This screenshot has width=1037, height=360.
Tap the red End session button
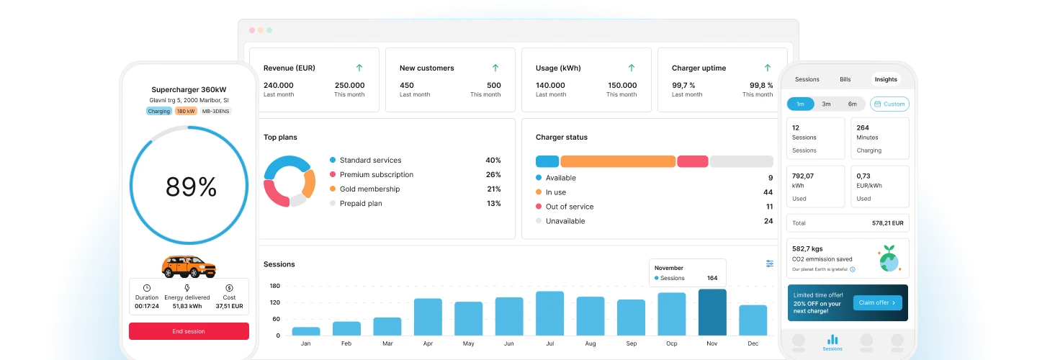pyautogui.click(x=189, y=331)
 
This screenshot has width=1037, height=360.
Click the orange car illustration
pyautogui.click(x=189, y=266)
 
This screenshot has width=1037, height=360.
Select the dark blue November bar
pyautogui.click(x=712, y=312)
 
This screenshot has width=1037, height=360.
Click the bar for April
pyautogui.click(x=428, y=317)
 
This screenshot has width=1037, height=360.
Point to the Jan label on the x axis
pyautogui.click(x=305, y=343)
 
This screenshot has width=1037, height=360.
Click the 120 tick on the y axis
pyautogui.click(x=275, y=302)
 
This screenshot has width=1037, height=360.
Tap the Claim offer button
pyautogui.click(x=877, y=302)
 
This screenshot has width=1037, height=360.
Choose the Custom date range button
pyautogui.click(x=889, y=104)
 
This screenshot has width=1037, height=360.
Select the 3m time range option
pyautogui.click(x=826, y=104)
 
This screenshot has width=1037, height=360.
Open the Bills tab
pyautogui.click(x=845, y=79)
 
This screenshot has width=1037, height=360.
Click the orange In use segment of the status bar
pyautogui.click(x=618, y=161)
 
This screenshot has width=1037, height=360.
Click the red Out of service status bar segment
pyautogui.click(x=693, y=161)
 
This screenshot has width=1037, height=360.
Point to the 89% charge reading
pyautogui.click(x=192, y=187)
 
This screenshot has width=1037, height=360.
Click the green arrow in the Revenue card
pyautogui.click(x=359, y=68)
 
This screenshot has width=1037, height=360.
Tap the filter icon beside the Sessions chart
pyautogui.click(x=769, y=264)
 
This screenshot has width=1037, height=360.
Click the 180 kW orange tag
pyautogui.click(x=186, y=111)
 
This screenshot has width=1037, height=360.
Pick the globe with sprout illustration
pyautogui.click(x=889, y=258)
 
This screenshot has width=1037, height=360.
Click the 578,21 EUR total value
pyautogui.click(x=887, y=223)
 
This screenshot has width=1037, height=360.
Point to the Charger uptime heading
pyautogui.click(x=699, y=68)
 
